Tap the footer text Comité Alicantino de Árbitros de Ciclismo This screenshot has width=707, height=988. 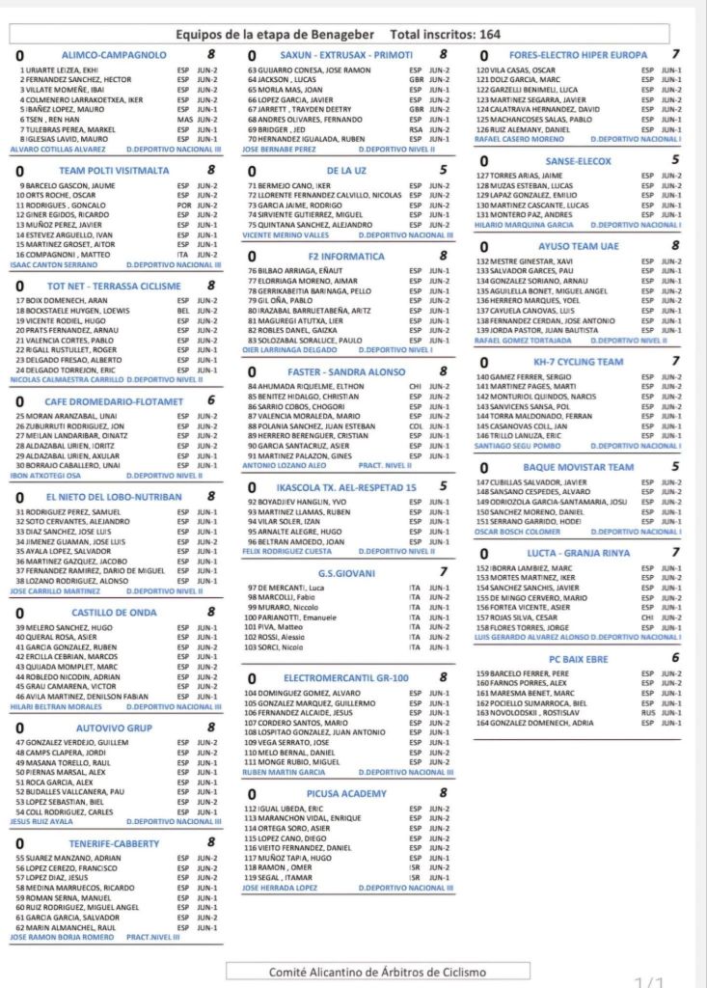(365, 972)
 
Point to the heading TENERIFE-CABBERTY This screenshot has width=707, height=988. (121, 842)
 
